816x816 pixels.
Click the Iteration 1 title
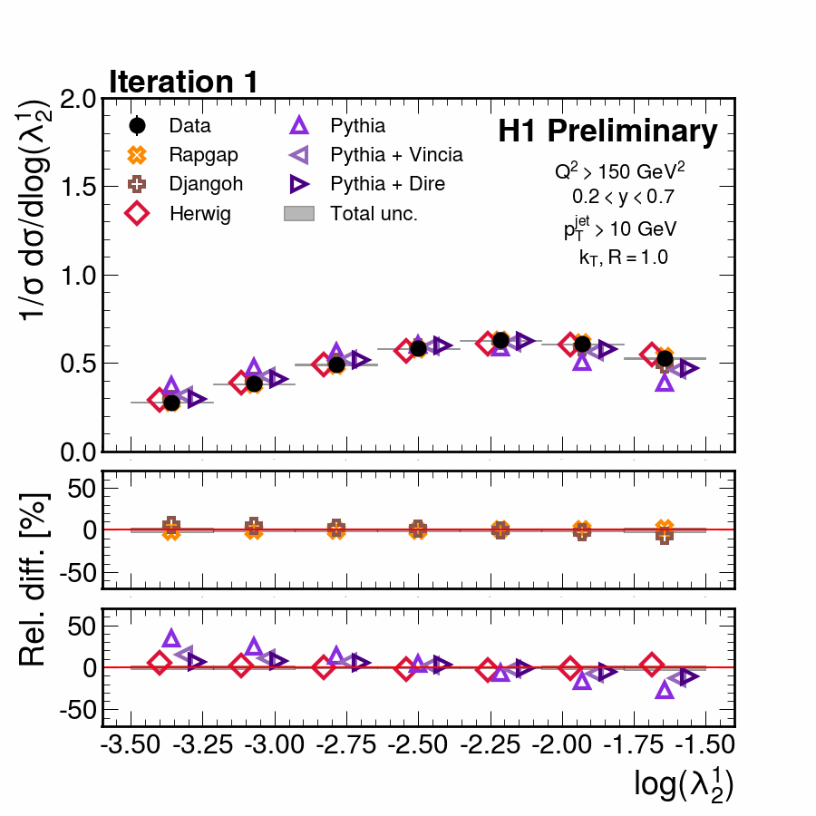pyautogui.click(x=184, y=82)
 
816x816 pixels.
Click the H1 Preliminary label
pyautogui.click(x=607, y=132)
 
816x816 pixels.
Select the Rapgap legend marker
pyautogui.click(x=138, y=155)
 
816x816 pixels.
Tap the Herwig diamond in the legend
pyautogui.click(x=138, y=214)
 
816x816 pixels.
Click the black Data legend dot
pyautogui.click(x=138, y=126)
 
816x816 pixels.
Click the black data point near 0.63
pyautogui.click(x=500, y=340)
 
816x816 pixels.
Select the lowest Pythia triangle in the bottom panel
pyautogui.click(x=665, y=690)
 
